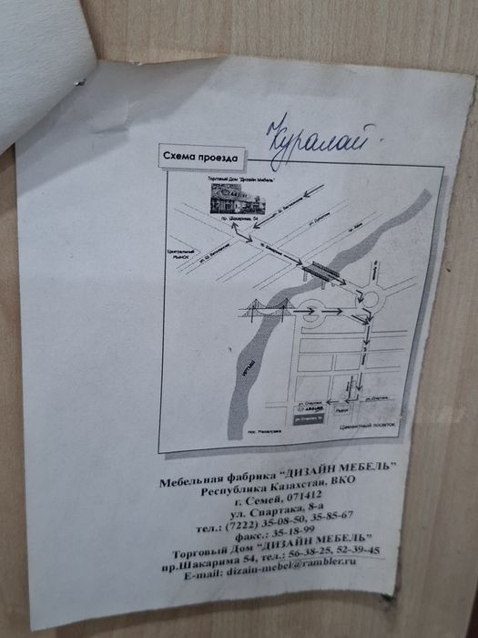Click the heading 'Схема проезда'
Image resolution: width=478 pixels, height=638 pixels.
tap(192, 156)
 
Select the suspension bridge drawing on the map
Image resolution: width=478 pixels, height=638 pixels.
tap(264, 310)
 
